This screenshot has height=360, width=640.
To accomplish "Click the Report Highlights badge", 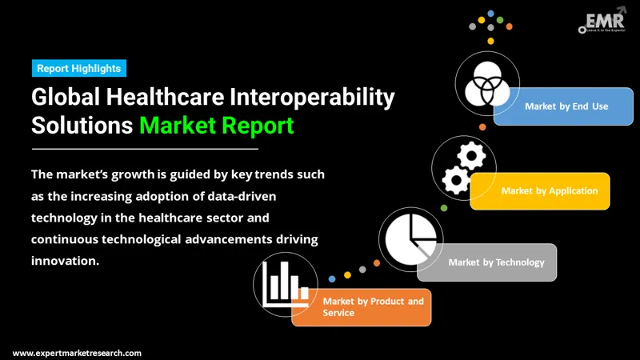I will click(79, 69).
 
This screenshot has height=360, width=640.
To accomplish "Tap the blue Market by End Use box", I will click(564, 106).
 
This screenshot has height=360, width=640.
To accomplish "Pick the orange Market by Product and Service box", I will click(362, 307).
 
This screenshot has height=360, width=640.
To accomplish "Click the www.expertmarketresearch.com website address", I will click(77, 353).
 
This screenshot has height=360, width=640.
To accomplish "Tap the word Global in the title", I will click(66, 98).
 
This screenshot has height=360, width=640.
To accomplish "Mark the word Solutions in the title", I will click(82, 126).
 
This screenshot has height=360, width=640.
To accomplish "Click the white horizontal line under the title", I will click(145, 148).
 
